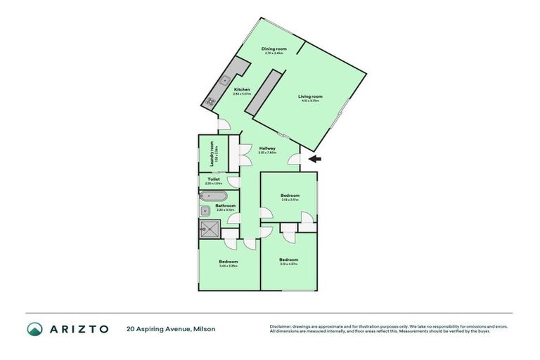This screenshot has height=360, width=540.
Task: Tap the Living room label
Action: click(x=309, y=96)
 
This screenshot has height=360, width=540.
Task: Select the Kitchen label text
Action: click(x=242, y=89)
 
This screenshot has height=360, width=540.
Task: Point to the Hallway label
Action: click(x=267, y=148)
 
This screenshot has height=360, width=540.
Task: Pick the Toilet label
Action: click(x=214, y=179)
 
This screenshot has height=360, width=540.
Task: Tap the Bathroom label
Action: click(x=225, y=205)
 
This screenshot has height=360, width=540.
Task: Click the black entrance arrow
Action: click(x=316, y=159)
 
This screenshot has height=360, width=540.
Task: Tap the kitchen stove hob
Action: click(x=210, y=103)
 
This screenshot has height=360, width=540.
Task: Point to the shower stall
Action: click(x=210, y=228)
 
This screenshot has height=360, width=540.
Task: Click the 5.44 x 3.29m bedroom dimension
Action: click(x=229, y=266)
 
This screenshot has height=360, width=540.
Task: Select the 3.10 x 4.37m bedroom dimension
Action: click(x=288, y=264)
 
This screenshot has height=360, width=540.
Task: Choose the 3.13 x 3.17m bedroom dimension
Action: click(x=290, y=200)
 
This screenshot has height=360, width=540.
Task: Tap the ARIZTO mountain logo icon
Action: click(x=35, y=328)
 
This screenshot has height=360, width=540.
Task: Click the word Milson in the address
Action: click(x=204, y=328)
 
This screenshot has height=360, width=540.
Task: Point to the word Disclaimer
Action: click(x=281, y=326)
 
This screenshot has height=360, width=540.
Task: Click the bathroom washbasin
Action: click(x=205, y=210)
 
